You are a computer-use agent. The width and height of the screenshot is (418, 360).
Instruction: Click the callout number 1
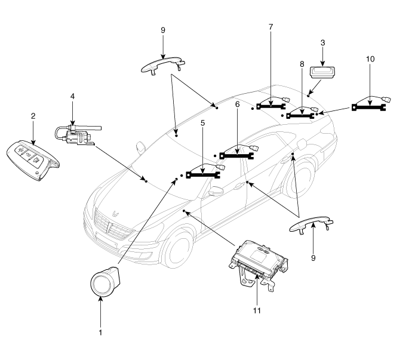[100, 331]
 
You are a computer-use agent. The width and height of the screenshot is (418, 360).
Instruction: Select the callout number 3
[324, 44]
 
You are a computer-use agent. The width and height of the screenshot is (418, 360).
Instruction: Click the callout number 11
[257, 310]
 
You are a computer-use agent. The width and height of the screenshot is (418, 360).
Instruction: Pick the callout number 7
[270, 29]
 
